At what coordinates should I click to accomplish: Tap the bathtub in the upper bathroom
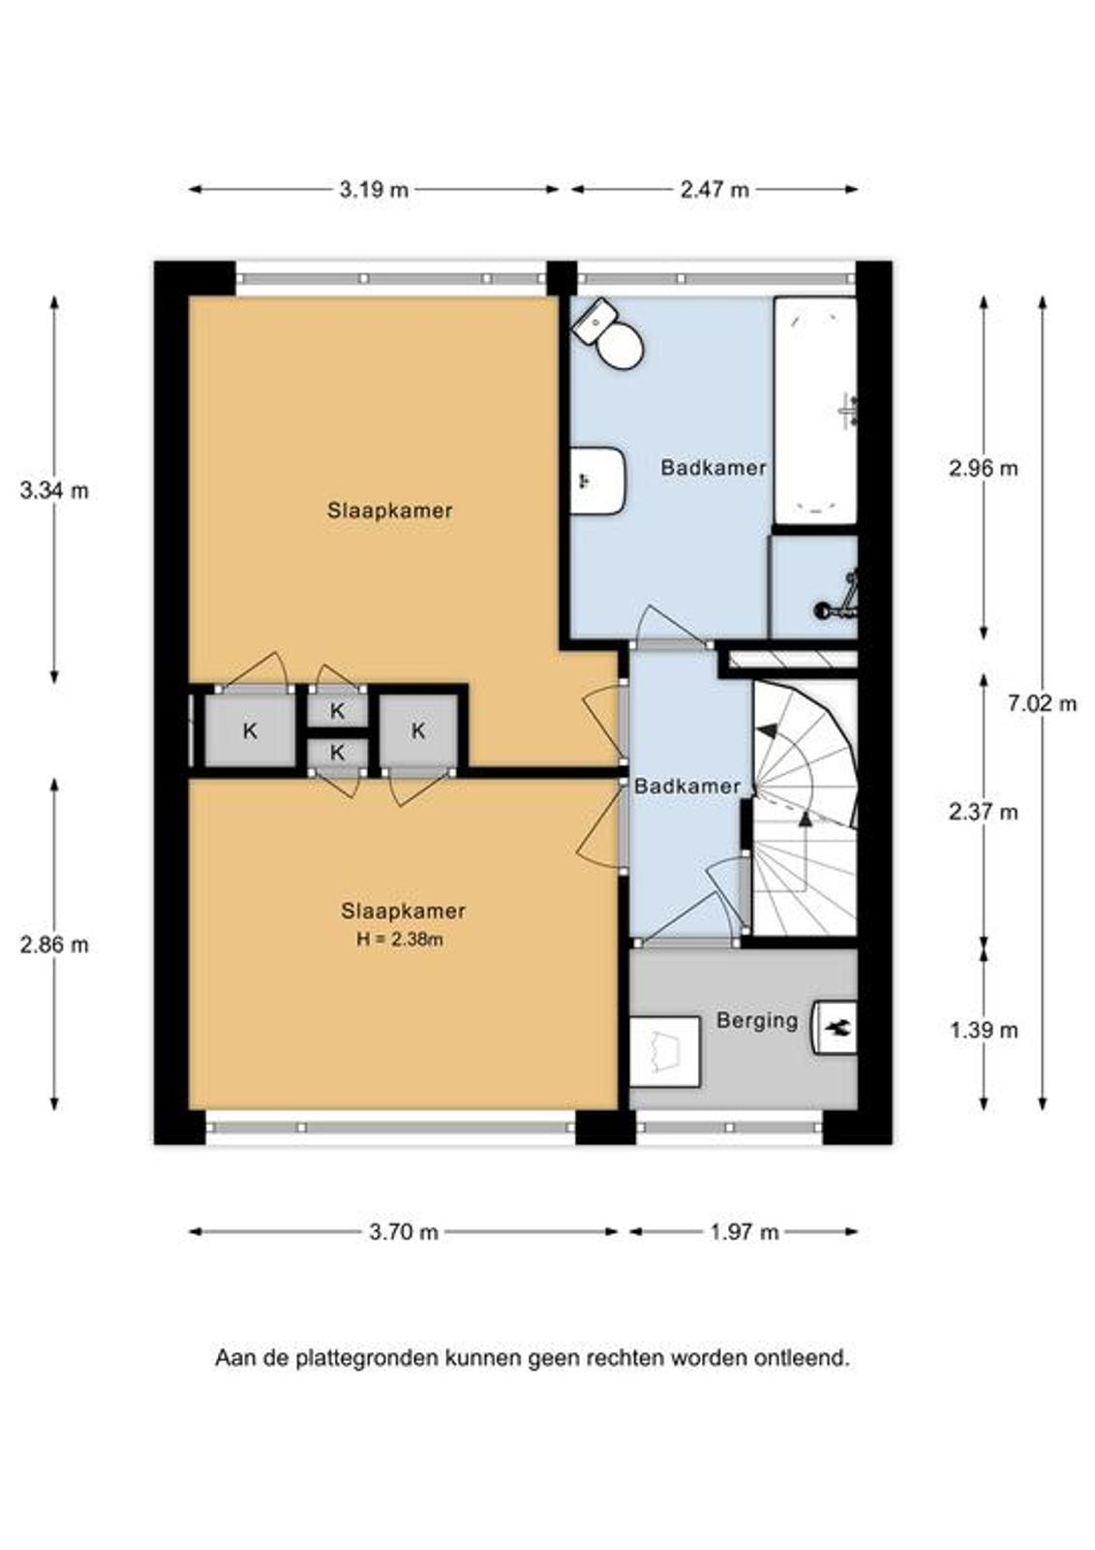(815, 411)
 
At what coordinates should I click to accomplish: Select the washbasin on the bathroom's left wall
(597, 480)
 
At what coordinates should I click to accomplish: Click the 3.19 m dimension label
(374, 190)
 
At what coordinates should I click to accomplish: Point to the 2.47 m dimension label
(715, 190)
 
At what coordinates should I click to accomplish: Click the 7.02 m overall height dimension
(1042, 703)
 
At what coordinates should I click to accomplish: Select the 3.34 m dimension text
(54, 490)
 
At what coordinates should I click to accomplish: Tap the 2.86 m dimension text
(54, 945)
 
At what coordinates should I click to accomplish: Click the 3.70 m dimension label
(404, 1231)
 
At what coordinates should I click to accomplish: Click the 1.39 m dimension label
(984, 1031)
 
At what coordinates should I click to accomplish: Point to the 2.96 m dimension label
(984, 469)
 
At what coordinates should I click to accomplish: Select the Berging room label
(757, 1021)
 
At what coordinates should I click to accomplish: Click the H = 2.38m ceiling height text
(400, 939)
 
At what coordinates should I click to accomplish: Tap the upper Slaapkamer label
(390, 511)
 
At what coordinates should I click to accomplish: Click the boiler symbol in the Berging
(835, 1028)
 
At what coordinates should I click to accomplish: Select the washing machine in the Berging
(665, 1055)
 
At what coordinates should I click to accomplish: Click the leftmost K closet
(250, 730)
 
